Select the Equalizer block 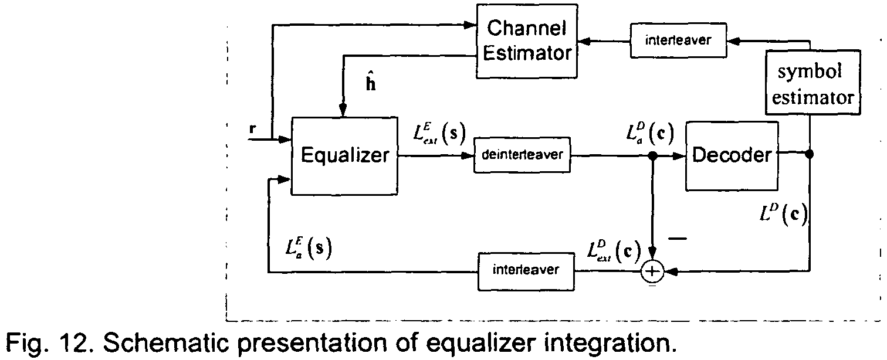[x=345, y=156]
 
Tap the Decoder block [x=731, y=155]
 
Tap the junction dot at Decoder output [x=810, y=155]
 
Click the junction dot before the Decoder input [x=653, y=156]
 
